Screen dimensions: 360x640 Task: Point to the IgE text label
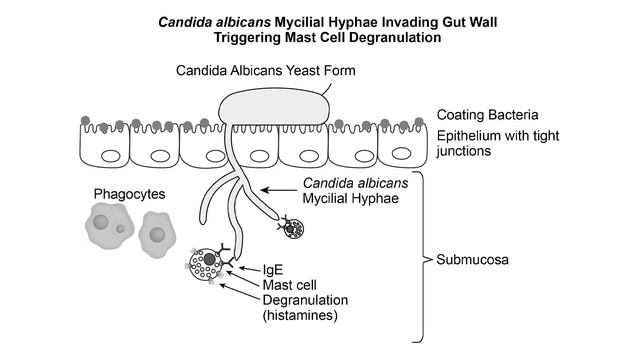[273, 270]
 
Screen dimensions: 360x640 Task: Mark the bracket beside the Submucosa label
[427, 260]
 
